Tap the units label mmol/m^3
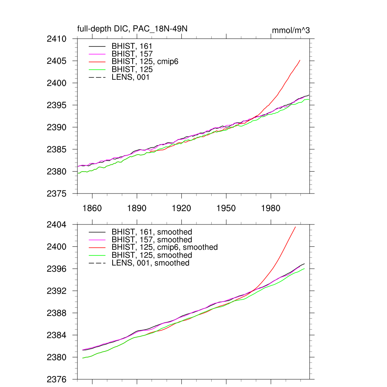coord(291,30)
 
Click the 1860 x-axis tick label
coord(92,208)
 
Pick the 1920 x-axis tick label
coord(181,208)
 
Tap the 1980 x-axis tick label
coord(271,208)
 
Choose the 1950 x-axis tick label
coord(226,208)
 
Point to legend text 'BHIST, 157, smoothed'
coord(152,240)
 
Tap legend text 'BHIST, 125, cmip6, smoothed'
coord(165,248)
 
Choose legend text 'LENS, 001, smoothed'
coord(150,263)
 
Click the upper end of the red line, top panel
coord(300,60)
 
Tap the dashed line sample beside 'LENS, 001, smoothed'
coord(97,263)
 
